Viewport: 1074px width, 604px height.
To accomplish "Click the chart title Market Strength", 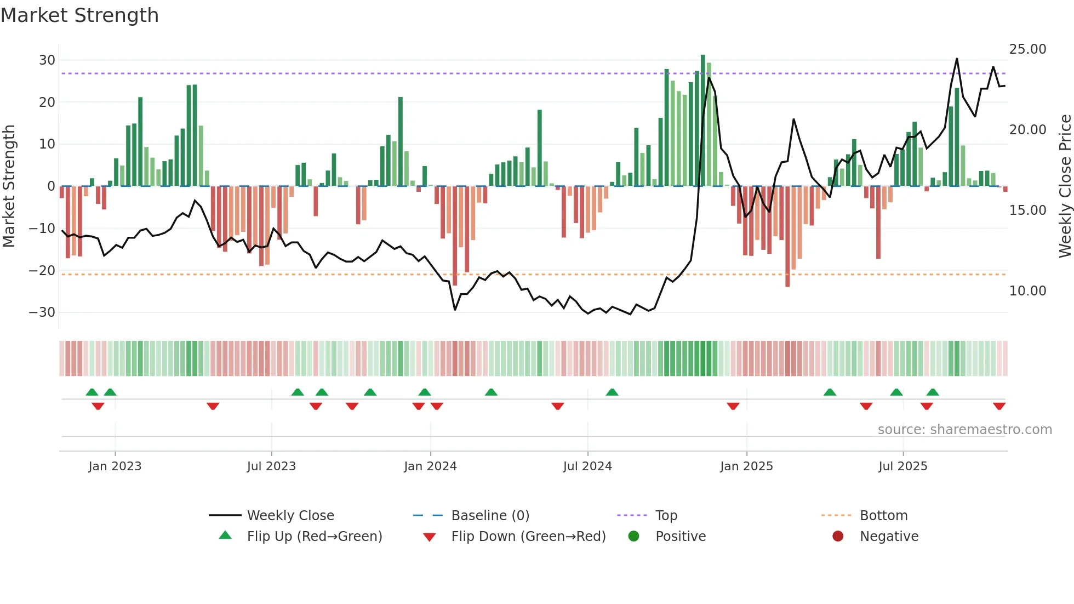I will click(79, 15).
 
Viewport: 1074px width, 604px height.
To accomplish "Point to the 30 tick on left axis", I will click(47, 60).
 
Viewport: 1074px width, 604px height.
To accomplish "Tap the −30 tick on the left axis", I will click(42, 312).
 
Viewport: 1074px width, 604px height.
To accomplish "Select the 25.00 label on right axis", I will click(1027, 49).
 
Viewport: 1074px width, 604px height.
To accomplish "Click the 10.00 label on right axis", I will click(1027, 291).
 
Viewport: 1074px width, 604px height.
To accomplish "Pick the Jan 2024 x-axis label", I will click(430, 466).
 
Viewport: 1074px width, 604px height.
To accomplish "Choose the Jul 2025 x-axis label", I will click(902, 466).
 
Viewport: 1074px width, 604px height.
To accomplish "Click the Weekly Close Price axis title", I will click(1065, 186).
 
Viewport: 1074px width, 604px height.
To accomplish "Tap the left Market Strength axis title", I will click(9, 186).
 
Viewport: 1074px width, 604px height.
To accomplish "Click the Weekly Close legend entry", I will click(290, 516).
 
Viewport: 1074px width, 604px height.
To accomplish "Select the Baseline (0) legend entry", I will click(490, 516).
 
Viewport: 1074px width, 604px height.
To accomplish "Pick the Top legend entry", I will click(666, 516).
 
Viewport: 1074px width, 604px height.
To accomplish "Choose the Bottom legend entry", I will click(883, 516).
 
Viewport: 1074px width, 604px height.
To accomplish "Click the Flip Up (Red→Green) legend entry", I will click(314, 537).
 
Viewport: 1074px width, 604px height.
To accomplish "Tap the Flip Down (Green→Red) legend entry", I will click(528, 537).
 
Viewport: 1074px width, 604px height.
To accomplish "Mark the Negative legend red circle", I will click(838, 537).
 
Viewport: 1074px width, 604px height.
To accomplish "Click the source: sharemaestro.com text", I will click(964, 430).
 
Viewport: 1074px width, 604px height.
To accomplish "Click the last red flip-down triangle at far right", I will click(999, 406).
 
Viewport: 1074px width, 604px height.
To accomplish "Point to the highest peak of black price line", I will click(957, 59).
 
